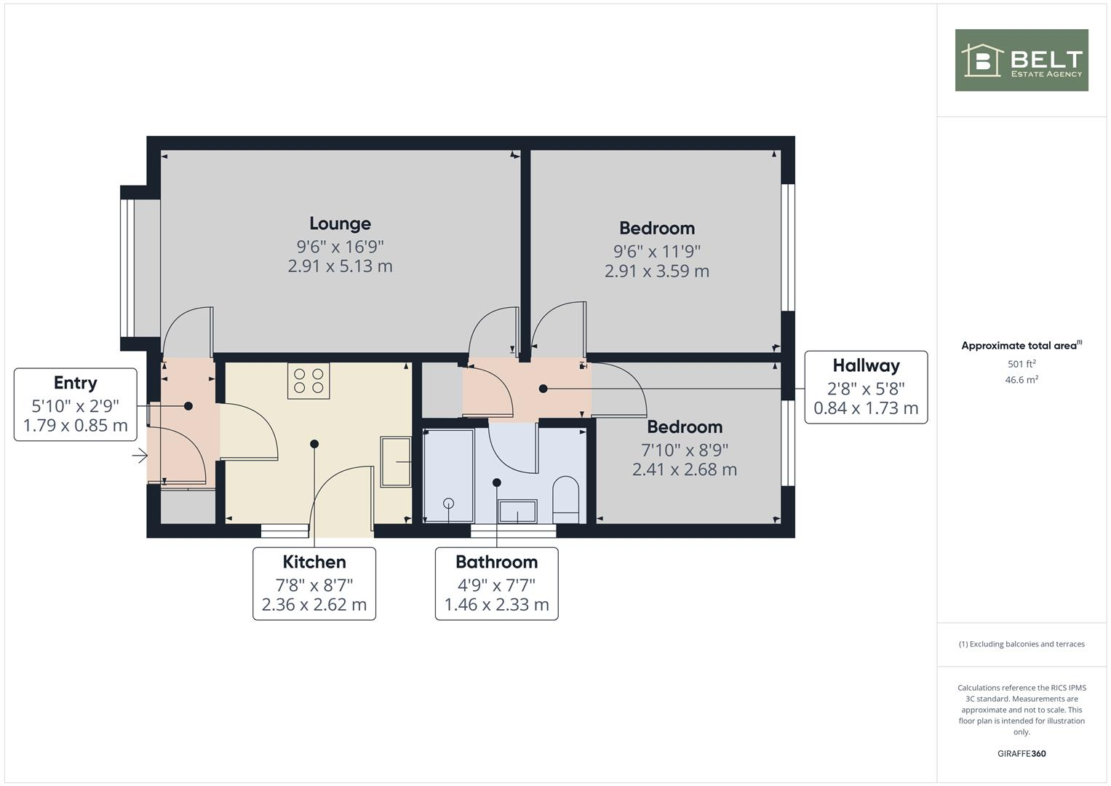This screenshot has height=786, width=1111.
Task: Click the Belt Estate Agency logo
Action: (x=1021, y=60)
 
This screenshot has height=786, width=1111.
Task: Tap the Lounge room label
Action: (x=340, y=223)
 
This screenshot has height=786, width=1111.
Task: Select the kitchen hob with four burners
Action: (x=308, y=381)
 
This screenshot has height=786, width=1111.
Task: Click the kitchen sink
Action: (x=395, y=461)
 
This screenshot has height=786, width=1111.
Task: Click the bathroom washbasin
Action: (x=517, y=511)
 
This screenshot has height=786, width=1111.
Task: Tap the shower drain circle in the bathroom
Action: (x=448, y=503)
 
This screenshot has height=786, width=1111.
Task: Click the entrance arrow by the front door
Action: (x=140, y=456)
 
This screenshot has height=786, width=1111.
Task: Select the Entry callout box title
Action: (x=75, y=383)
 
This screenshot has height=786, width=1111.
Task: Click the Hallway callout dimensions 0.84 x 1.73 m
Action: (x=866, y=408)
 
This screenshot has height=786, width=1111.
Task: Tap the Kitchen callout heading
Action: (x=314, y=562)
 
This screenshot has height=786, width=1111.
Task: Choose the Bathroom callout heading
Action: (x=496, y=562)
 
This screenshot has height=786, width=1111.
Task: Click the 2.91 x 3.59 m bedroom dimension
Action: (x=656, y=271)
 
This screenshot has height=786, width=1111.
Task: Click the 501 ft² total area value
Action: (x=1021, y=364)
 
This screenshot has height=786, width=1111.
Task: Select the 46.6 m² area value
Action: (x=1021, y=380)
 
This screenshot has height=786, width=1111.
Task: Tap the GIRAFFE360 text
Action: (x=1021, y=753)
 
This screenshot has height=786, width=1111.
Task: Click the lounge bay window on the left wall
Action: (x=129, y=266)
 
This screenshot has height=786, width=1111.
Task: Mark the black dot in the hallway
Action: (x=543, y=389)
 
